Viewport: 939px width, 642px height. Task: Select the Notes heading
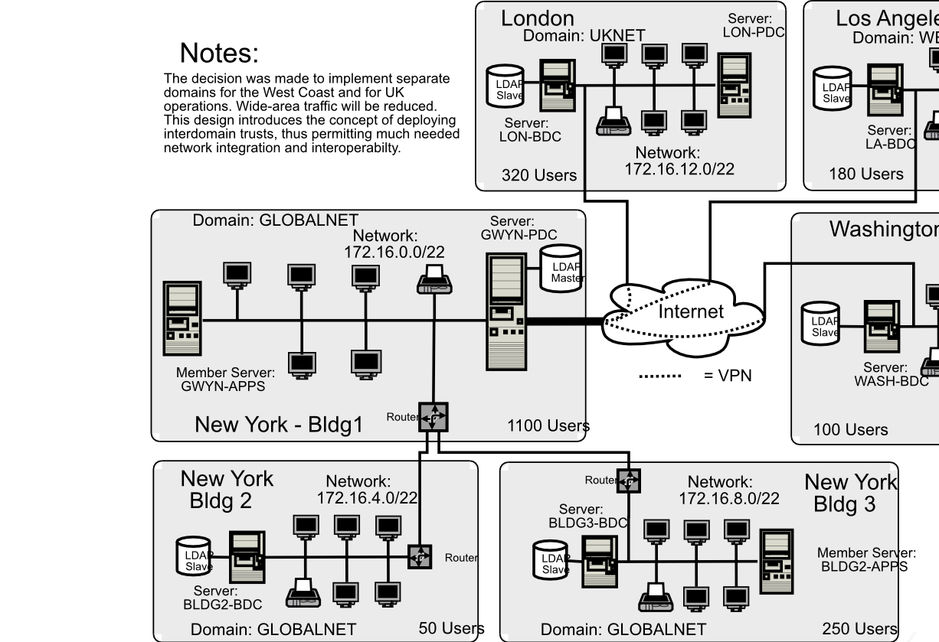(219, 54)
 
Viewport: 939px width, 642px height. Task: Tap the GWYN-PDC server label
(519, 229)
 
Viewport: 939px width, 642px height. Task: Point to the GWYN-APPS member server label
(223, 380)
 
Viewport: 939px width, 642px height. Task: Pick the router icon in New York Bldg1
(433, 418)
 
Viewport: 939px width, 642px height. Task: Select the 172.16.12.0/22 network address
(679, 169)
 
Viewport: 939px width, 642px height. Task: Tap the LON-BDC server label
(530, 130)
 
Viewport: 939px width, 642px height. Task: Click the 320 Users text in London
(538, 175)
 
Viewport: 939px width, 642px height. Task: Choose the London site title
(537, 18)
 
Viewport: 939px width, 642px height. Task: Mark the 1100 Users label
(548, 425)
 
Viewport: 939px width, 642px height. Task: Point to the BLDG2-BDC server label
(222, 598)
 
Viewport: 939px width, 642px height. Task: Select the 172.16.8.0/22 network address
(728, 499)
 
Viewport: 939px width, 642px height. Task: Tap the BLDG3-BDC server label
(587, 517)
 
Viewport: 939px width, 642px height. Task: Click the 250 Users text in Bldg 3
(859, 628)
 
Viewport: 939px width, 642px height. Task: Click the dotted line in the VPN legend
(659, 376)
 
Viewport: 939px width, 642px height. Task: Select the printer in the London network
(613, 121)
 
